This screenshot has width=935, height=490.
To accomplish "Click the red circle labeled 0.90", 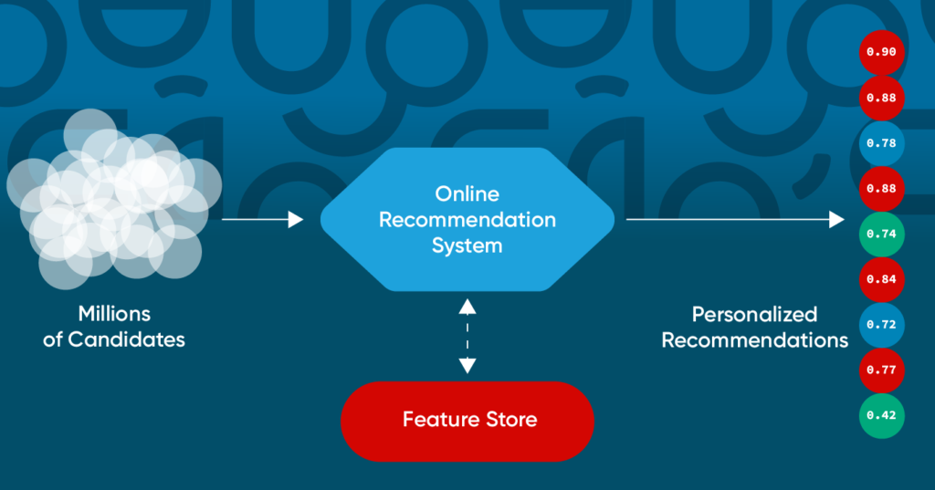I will click(881, 52).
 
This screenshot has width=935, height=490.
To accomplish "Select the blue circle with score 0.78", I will click(881, 143).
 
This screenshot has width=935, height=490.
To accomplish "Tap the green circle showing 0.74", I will click(881, 234).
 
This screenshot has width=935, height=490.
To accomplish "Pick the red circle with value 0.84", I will click(881, 279).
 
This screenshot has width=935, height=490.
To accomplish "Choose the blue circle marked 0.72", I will click(881, 325).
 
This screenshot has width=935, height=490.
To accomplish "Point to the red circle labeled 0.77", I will click(881, 370).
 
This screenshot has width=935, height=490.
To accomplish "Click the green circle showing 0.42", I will click(881, 416).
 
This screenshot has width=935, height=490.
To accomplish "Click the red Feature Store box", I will click(467, 421).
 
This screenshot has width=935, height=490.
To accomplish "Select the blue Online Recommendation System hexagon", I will click(467, 220).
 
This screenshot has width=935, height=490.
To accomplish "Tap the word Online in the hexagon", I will click(467, 194).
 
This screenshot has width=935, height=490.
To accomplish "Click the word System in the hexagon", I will click(467, 246).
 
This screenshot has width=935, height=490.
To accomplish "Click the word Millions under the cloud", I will click(114, 314).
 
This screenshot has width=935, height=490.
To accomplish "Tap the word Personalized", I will click(754, 315).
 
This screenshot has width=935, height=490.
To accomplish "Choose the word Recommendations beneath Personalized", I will click(754, 341).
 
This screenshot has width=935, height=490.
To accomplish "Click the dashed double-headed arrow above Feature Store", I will click(467, 336).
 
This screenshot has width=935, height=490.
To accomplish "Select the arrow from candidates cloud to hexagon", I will click(262, 219).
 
